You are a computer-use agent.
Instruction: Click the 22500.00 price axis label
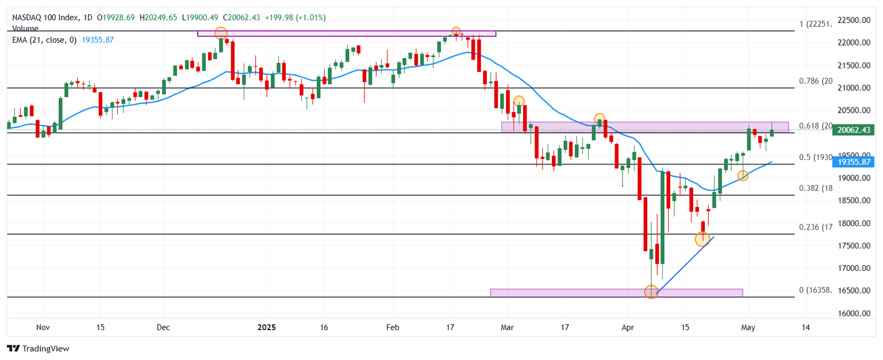(853, 20)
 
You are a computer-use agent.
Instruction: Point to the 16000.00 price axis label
(853, 313)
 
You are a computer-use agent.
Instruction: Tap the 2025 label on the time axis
(267, 327)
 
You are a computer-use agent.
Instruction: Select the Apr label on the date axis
(628, 327)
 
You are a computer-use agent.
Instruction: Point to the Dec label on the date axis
(163, 327)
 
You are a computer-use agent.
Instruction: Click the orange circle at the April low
(651, 293)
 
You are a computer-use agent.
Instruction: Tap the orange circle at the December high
(221, 33)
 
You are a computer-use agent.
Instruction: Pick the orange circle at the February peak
(456, 31)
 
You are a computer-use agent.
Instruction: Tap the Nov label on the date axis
(43, 327)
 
